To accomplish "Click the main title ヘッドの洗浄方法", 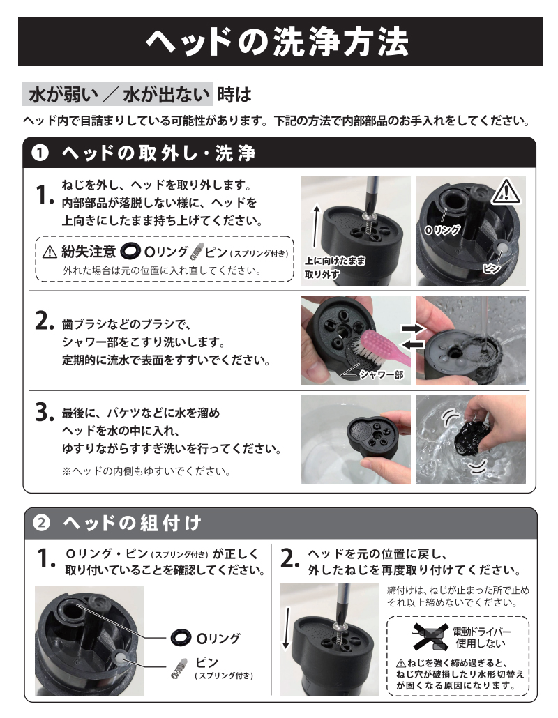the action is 277,42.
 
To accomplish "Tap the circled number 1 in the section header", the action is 40,153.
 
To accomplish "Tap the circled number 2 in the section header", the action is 41,523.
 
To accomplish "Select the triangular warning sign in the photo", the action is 506,192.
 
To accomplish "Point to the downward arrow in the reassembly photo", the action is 286,627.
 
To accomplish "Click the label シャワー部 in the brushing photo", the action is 381,374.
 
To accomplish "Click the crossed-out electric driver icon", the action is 430,637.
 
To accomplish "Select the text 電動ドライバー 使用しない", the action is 481,637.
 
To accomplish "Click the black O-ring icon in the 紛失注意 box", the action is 130,251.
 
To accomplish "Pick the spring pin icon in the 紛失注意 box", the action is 196,252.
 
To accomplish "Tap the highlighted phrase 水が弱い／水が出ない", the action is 118,94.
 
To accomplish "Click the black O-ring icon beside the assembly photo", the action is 181,637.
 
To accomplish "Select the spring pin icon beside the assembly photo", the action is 179,669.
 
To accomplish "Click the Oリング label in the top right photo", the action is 442,229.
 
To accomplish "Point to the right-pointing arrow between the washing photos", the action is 413,328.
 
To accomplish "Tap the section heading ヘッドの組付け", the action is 133,523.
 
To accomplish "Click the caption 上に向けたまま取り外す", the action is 335,268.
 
